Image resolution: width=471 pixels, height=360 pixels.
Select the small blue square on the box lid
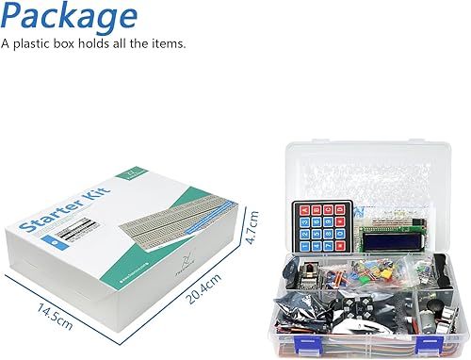[58, 244]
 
